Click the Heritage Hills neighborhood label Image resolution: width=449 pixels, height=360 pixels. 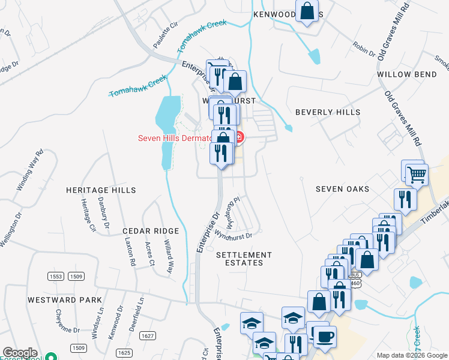tap(101, 190)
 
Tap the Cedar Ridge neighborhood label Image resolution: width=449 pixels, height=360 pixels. tap(151, 231)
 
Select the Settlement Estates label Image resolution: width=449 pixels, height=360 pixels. tap(244, 259)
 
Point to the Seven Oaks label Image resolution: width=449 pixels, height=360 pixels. tap(343, 189)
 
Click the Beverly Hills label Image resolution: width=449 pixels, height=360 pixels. tap(328, 112)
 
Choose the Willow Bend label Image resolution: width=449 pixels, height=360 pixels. tap(407, 74)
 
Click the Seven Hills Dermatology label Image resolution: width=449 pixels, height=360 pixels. tap(174, 138)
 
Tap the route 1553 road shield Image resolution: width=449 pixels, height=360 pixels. tap(56, 276)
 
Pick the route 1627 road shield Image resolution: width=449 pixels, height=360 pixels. tap(148, 336)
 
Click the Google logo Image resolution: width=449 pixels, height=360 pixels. tap(20, 353)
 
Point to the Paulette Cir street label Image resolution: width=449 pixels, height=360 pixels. tap(166, 35)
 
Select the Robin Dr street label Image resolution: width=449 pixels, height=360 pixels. tap(364, 49)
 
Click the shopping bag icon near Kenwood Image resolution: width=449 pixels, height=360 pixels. tap(306, 11)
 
